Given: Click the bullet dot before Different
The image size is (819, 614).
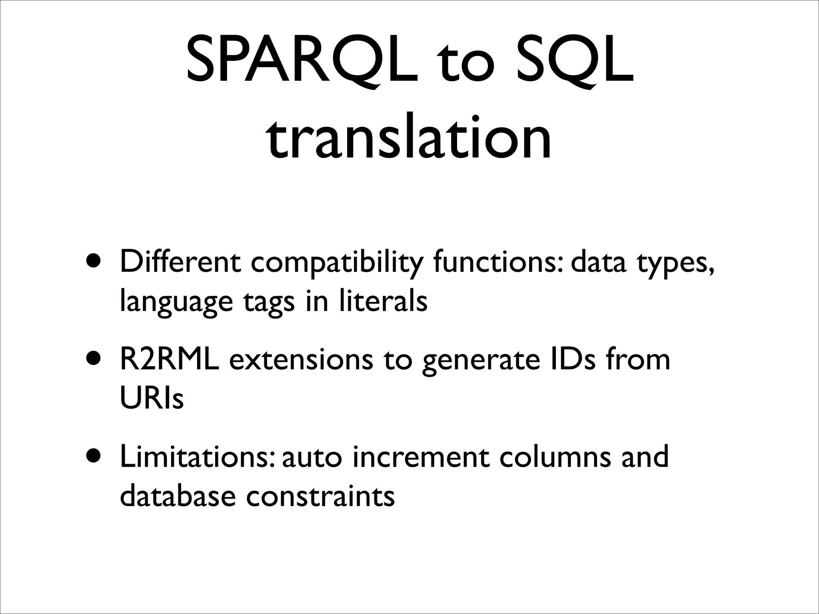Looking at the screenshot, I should click(x=94, y=264).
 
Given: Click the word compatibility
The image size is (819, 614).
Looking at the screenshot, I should click(x=336, y=264).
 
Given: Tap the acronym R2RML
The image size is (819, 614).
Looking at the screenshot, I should click(x=170, y=359).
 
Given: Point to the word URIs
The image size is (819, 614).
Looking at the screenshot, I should click(x=152, y=398).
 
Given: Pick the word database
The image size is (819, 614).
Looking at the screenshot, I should click(x=178, y=495).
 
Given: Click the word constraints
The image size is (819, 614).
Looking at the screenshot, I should click(x=320, y=495).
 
